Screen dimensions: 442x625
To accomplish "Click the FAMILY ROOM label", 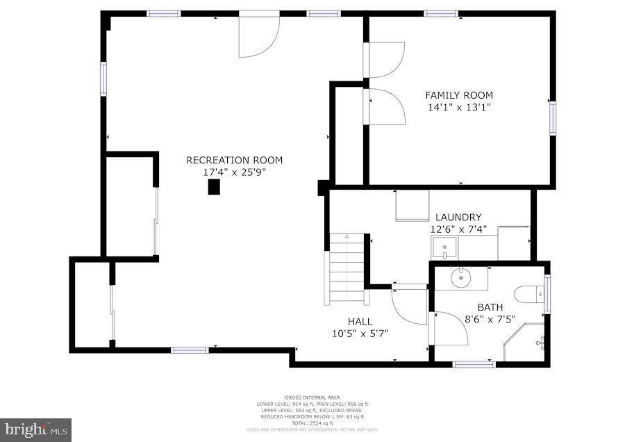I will pyautogui.click(x=459, y=95).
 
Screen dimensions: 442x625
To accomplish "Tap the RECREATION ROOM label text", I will pyautogui.click(x=234, y=160).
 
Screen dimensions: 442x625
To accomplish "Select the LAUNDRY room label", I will pyautogui.click(x=458, y=217).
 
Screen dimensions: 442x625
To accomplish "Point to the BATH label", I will pyautogui.click(x=490, y=307).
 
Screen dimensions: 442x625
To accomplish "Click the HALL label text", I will pyautogui.click(x=360, y=321).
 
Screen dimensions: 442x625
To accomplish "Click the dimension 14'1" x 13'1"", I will pyautogui.click(x=459, y=107).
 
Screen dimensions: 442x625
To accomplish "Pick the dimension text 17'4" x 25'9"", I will pyautogui.click(x=234, y=171).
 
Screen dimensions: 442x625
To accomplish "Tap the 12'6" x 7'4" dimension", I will pyautogui.click(x=458, y=228).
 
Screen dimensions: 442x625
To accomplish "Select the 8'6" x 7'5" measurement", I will pyautogui.click(x=490, y=319).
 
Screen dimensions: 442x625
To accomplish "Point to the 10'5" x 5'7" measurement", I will pyautogui.click(x=360, y=333).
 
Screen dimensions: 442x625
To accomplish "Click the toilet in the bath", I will pyautogui.click(x=531, y=293).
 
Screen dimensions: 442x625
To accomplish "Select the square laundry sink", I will pyautogui.click(x=443, y=247).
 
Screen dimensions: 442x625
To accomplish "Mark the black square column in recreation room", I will pyautogui.click(x=214, y=186).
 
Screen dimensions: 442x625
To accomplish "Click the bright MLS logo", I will pyautogui.click(x=35, y=429).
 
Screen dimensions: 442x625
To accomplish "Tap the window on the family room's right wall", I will pyautogui.click(x=553, y=117).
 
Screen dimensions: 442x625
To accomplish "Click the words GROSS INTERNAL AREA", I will pyautogui.click(x=312, y=398).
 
